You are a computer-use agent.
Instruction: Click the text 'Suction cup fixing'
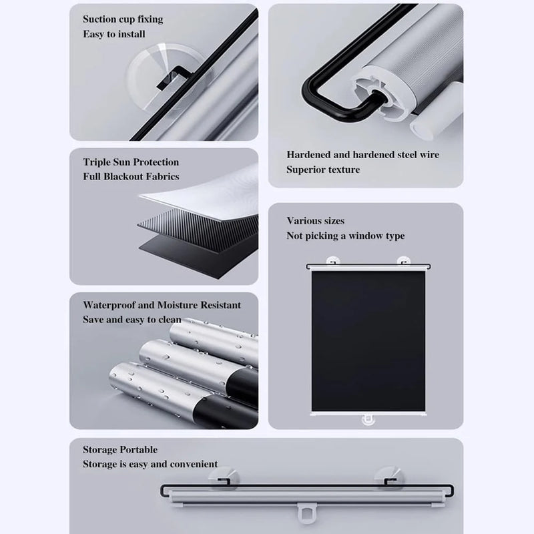pyautogui.click(x=123, y=19)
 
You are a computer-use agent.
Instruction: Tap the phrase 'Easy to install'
pyautogui.click(x=113, y=34)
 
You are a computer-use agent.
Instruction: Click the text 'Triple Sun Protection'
pyautogui.click(x=131, y=162)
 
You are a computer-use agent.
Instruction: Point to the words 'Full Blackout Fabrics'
pyautogui.click(x=131, y=177)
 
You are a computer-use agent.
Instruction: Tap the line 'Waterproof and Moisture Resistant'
pyautogui.click(x=162, y=305)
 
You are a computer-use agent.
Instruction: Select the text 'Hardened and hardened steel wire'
pyautogui.click(x=362, y=155)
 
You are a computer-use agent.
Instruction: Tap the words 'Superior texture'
pyautogui.click(x=323, y=170)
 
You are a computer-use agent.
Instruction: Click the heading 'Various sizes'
pyautogui.click(x=316, y=221)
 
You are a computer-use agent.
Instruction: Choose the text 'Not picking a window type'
pyautogui.click(x=345, y=236)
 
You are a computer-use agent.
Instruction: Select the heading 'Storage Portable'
pyautogui.click(x=120, y=450)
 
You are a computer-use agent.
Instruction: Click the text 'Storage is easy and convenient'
pyautogui.click(x=150, y=464)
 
